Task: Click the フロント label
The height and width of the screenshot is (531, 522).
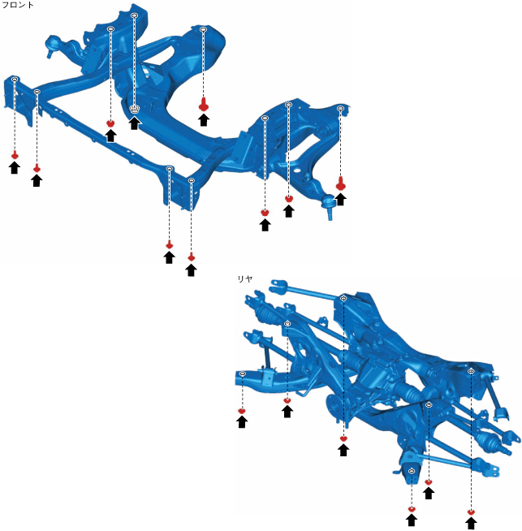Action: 18,5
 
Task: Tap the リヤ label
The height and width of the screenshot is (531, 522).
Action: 244,278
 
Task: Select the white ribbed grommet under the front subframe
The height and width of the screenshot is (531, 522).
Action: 135,109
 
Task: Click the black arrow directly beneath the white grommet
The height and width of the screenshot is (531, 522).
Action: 135,123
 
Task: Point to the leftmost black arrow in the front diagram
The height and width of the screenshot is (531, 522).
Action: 14,167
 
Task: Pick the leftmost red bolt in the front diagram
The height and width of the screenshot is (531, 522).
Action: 15,154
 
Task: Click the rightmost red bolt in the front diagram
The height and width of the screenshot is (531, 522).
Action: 340,184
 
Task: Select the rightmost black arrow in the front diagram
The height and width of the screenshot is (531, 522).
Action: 340,198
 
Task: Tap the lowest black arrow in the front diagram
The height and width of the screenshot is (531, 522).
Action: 191,269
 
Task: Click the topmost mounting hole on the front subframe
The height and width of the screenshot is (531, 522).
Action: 134,15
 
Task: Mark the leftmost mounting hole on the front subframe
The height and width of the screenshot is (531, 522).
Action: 15,79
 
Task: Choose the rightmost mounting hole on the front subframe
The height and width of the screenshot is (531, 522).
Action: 340,109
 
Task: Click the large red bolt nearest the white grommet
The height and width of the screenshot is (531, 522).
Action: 203,104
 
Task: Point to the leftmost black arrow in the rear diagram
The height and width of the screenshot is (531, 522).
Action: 241,421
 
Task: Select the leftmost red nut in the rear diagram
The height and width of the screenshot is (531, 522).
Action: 241,411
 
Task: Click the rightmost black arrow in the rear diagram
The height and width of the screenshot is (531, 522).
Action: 471,523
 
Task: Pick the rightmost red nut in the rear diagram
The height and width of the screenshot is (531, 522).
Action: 471,512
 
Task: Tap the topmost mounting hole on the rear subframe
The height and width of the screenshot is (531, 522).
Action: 343,299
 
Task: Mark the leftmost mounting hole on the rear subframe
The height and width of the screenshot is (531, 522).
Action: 242,373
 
